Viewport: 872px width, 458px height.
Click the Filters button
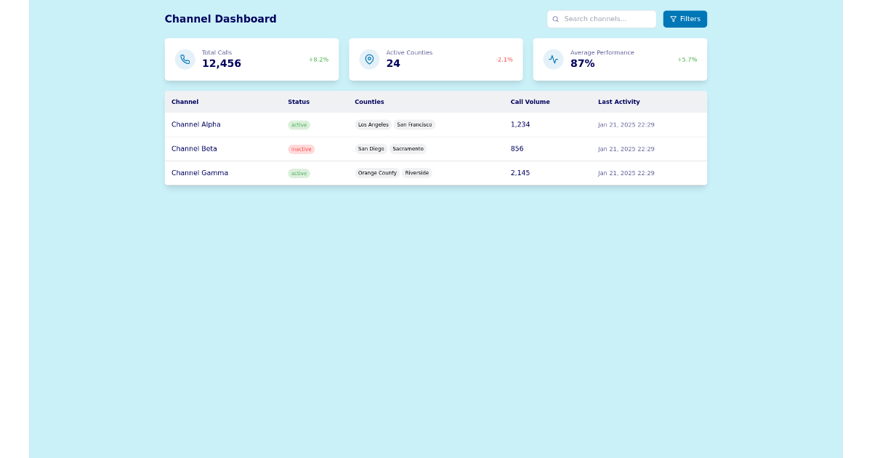(x=685, y=19)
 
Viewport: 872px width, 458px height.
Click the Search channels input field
(x=602, y=19)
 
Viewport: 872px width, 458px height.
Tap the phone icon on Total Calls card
(x=185, y=60)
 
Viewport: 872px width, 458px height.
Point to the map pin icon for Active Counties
(x=369, y=60)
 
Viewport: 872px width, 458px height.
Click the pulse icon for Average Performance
(x=553, y=60)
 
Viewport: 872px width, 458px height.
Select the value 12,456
(x=222, y=64)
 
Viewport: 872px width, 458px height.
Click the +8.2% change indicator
(x=318, y=60)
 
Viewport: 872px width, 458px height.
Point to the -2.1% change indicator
(x=504, y=60)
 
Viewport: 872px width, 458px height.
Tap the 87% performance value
(x=582, y=64)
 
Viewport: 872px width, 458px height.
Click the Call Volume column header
(x=530, y=102)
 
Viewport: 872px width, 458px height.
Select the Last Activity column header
(x=618, y=102)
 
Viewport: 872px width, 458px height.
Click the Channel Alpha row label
(x=195, y=125)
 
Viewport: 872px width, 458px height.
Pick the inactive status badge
(x=301, y=149)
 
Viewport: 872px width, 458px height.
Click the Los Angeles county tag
(x=373, y=125)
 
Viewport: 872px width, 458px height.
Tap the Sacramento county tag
(x=408, y=149)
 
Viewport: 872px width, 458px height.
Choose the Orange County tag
(x=377, y=173)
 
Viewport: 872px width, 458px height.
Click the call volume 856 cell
(x=517, y=149)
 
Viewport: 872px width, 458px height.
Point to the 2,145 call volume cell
(x=520, y=173)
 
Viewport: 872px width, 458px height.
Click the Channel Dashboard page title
(x=220, y=19)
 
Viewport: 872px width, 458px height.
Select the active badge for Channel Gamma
(x=299, y=174)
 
